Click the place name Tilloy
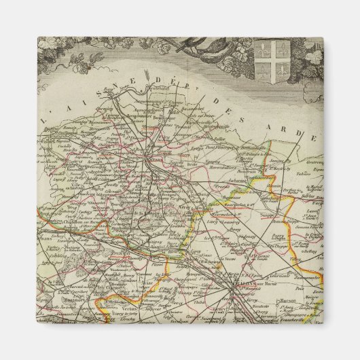(294, 259)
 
